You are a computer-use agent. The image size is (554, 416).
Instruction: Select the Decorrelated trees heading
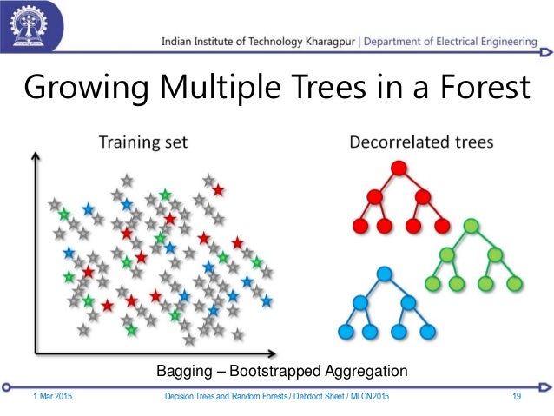[x=421, y=141]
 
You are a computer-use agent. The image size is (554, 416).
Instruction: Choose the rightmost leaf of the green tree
[x=513, y=283]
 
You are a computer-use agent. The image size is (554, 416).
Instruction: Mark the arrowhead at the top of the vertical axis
[x=35, y=158]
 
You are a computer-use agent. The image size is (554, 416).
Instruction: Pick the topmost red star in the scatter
[x=218, y=189]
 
